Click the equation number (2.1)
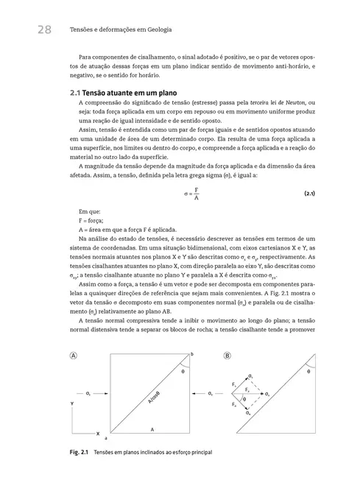(309, 194)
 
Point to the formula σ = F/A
(191, 194)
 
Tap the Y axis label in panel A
(71, 404)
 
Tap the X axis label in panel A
(98, 434)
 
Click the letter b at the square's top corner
(194, 354)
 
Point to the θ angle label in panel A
(183, 372)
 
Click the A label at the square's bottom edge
(152, 428)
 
